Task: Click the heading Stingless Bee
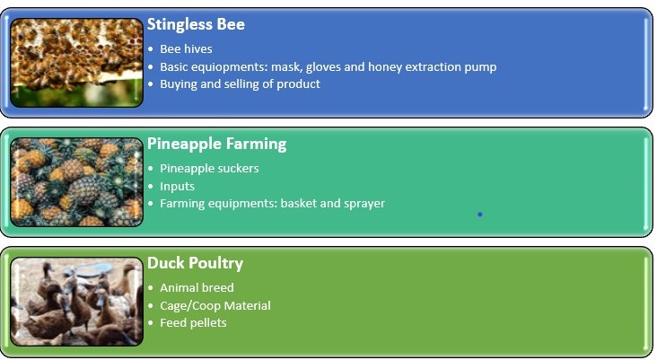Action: (x=196, y=24)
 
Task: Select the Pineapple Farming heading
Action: (x=216, y=145)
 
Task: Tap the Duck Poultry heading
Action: (x=195, y=264)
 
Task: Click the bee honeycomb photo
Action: (x=76, y=63)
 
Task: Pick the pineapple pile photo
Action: (x=76, y=182)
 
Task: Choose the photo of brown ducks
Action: (x=76, y=302)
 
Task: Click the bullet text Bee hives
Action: (x=186, y=49)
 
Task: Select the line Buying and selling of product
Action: (x=240, y=84)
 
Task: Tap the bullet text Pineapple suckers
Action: (x=209, y=169)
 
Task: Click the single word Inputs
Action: (x=177, y=187)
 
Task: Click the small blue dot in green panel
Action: (x=480, y=215)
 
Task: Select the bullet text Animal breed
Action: (x=197, y=288)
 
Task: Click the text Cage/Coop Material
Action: (x=215, y=305)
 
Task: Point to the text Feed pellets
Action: (x=193, y=323)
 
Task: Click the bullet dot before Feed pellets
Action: (x=151, y=324)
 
